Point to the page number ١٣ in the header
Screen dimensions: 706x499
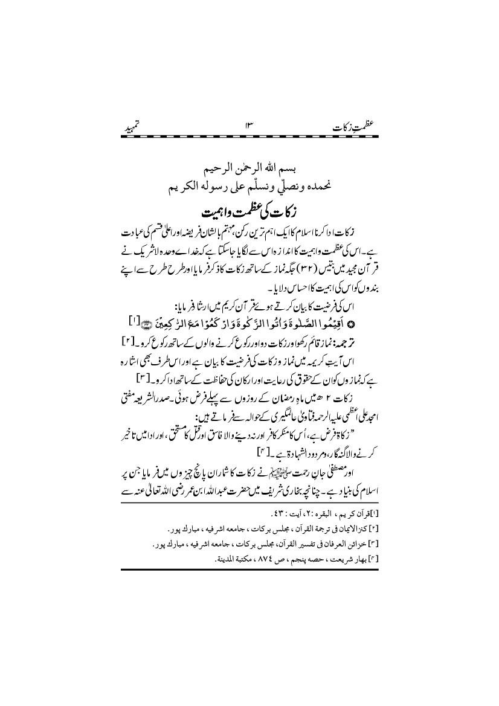point(248,128)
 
